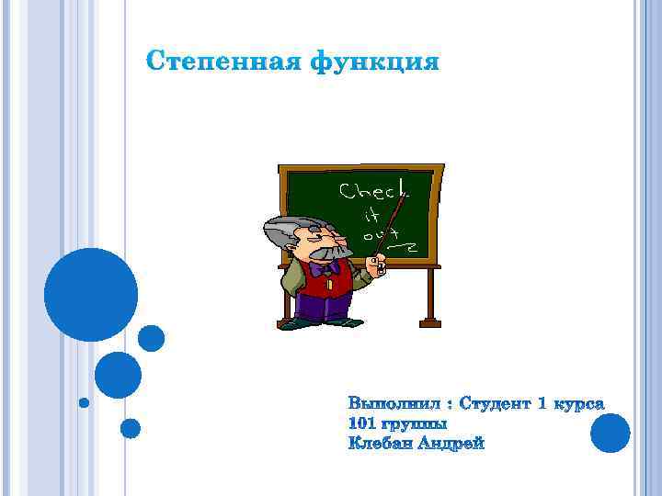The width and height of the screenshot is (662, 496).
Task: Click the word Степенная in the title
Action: click(224, 63)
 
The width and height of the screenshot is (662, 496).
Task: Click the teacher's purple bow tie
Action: click(323, 269)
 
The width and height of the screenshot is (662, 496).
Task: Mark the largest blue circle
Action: click(90, 294)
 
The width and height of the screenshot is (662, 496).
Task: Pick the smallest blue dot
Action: click(84, 402)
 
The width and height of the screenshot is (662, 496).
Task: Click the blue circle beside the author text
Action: click(610, 433)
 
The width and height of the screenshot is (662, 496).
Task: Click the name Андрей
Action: click(451, 444)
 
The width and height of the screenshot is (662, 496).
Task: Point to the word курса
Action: click(578, 403)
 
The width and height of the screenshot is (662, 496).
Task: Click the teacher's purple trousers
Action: click(325, 308)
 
